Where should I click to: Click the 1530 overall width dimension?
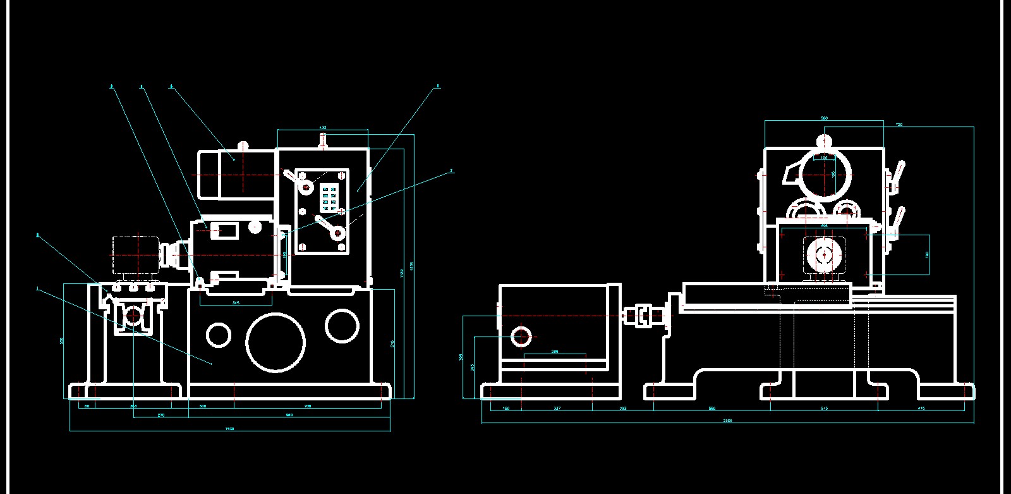[230, 429]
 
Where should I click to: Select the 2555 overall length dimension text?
[727, 420]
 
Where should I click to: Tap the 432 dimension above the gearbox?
[323, 128]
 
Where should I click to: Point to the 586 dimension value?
[824, 118]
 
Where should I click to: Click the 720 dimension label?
[899, 125]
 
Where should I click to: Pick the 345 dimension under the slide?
[236, 303]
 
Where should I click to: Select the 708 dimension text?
[308, 406]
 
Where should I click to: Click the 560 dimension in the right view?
[711, 409]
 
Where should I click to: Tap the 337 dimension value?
[557, 409]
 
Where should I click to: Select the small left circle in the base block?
[219, 335]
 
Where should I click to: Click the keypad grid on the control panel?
[329, 197]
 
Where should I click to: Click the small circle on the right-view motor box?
[521, 337]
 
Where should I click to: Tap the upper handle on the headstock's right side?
[896, 176]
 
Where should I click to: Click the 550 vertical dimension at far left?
[61, 340]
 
